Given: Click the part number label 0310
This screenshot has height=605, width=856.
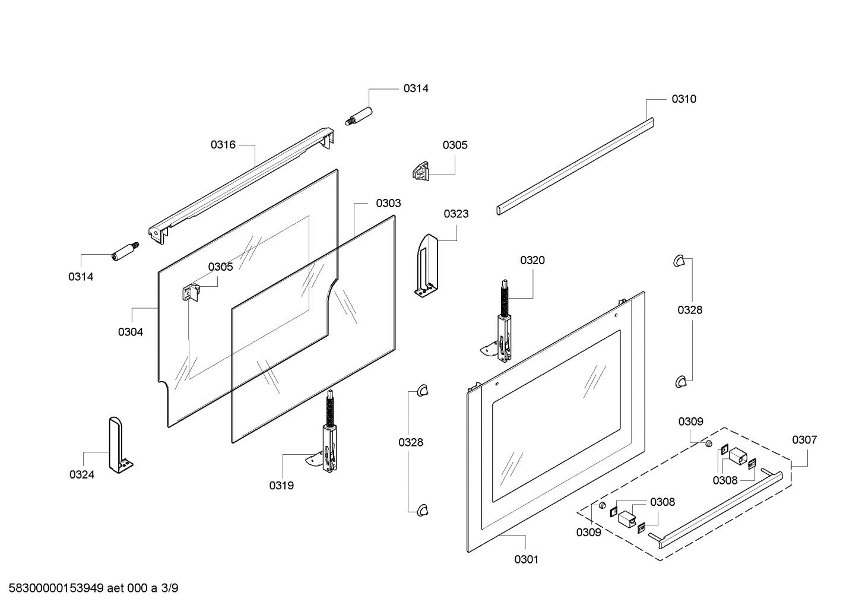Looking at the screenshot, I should tap(684, 99).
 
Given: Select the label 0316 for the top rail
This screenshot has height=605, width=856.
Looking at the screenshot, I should tap(223, 144).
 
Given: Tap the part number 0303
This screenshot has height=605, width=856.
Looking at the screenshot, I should tap(388, 203).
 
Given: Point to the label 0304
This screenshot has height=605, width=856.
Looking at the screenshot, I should tap(130, 332).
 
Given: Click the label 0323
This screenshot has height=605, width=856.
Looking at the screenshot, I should tap(456, 214).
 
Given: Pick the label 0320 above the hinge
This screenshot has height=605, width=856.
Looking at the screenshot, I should tap(532, 260).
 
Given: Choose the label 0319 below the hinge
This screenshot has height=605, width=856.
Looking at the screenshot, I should tap(281, 486).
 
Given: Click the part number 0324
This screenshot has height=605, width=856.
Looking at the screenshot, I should tap(82, 474).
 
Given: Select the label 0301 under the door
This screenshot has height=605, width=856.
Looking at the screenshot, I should tap(526, 559).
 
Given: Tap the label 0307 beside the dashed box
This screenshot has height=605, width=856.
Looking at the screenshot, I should tap(804, 440).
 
